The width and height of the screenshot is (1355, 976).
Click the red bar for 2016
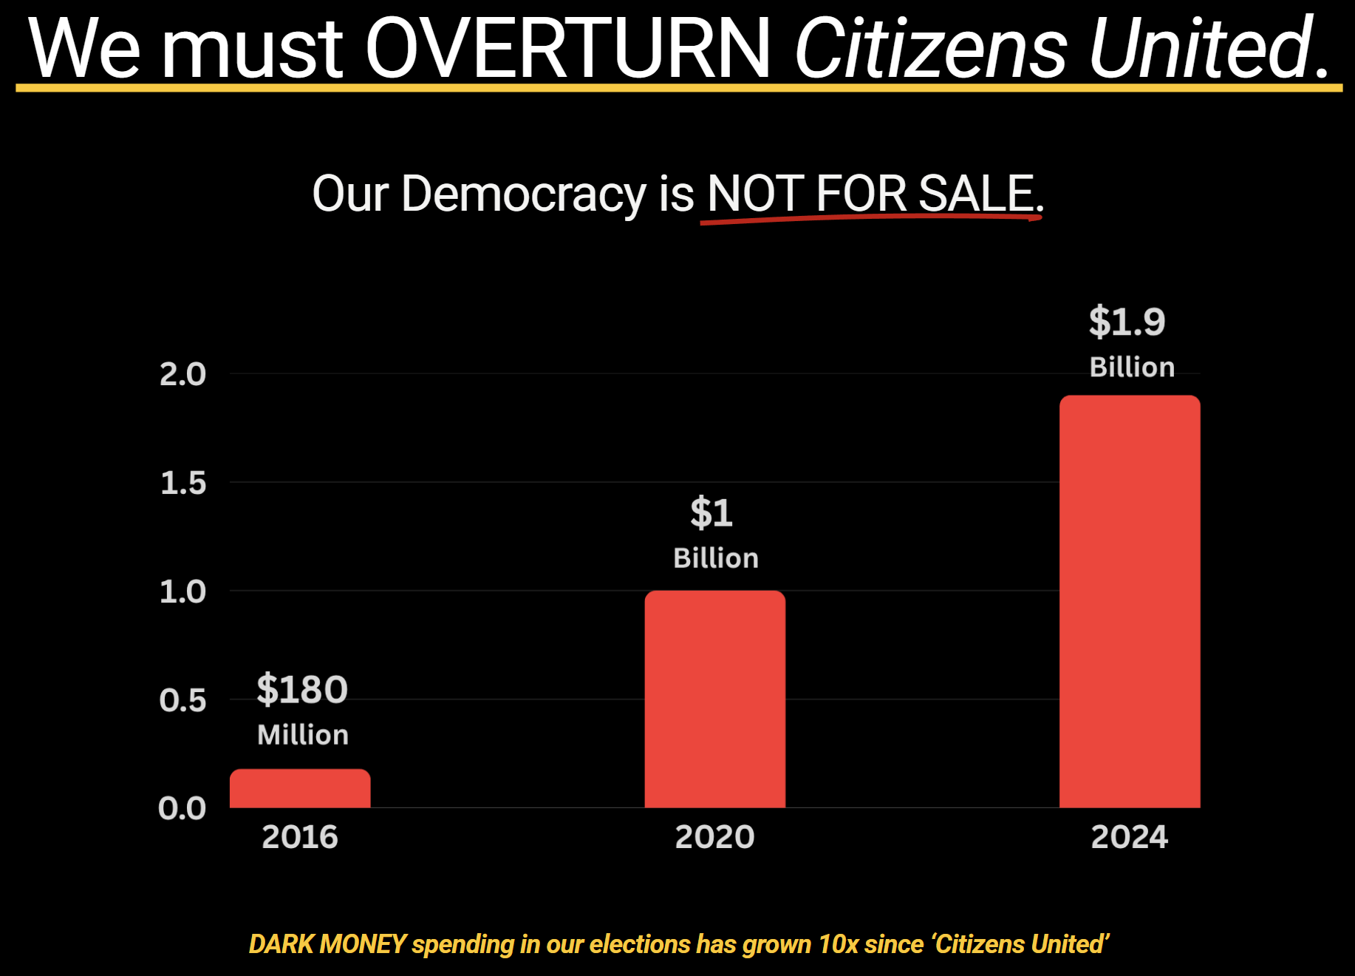click(300, 788)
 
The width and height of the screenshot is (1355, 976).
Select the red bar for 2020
click(714, 699)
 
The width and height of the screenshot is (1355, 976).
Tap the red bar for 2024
click(1130, 601)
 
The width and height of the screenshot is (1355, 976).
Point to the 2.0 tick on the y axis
click(182, 374)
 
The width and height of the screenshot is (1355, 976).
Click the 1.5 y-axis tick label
click(182, 483)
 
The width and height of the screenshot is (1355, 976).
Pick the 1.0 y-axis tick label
click(182, 592)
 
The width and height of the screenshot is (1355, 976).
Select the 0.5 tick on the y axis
click(182, 700)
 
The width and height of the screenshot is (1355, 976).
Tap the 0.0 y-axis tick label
click(182, 808)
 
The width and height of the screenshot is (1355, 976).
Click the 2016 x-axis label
click(300, 837)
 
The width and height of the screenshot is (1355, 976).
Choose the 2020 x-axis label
click(714, 837)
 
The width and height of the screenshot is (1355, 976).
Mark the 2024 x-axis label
click(1129, 837)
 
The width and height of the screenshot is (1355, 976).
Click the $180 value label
click(302, 689)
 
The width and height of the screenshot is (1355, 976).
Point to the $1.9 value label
click(1127, 322)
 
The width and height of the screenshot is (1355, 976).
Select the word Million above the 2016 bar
click(303, 735)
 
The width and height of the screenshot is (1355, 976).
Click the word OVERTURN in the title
click(567, 48)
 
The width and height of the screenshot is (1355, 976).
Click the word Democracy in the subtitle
click(524, 194)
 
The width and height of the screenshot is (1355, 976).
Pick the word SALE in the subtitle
click(975, 194)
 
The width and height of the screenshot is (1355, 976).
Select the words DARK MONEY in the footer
click(327, 944)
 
